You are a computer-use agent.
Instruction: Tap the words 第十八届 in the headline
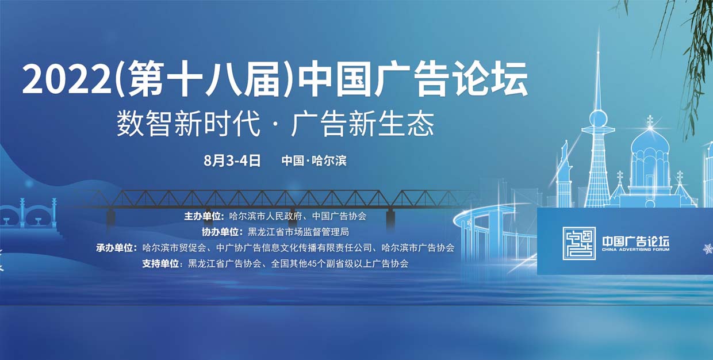tap(204, 78)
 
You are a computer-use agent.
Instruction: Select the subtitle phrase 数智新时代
tap(189, 124)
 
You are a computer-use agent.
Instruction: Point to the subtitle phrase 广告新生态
tap(363, 124)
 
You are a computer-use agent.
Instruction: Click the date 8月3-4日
tap(232, 160)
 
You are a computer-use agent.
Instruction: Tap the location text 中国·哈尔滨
tap(314, 160)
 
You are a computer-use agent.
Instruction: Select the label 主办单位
tap(202, 216)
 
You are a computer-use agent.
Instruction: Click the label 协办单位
tap(220, 232)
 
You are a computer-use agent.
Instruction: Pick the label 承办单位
tap(114, 248)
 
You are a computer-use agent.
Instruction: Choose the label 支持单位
tap(160, 263)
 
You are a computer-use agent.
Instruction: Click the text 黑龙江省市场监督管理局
tap(298, 232)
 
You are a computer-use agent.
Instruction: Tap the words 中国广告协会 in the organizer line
tap(339, 216)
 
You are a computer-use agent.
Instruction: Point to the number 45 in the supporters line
tap(312, 264)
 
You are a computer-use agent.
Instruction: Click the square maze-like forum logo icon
tap(579, 243)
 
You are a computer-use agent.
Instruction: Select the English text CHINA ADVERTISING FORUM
tap(635, 250)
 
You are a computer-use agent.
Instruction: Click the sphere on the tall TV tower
tap(599, 118)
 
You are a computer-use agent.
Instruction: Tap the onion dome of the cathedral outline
tap(650, 143)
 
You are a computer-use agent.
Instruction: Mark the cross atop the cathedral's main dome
tap(650, 121)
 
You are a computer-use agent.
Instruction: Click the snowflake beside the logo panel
tap(708, 248)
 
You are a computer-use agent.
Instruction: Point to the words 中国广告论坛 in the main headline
tap(413, 78)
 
